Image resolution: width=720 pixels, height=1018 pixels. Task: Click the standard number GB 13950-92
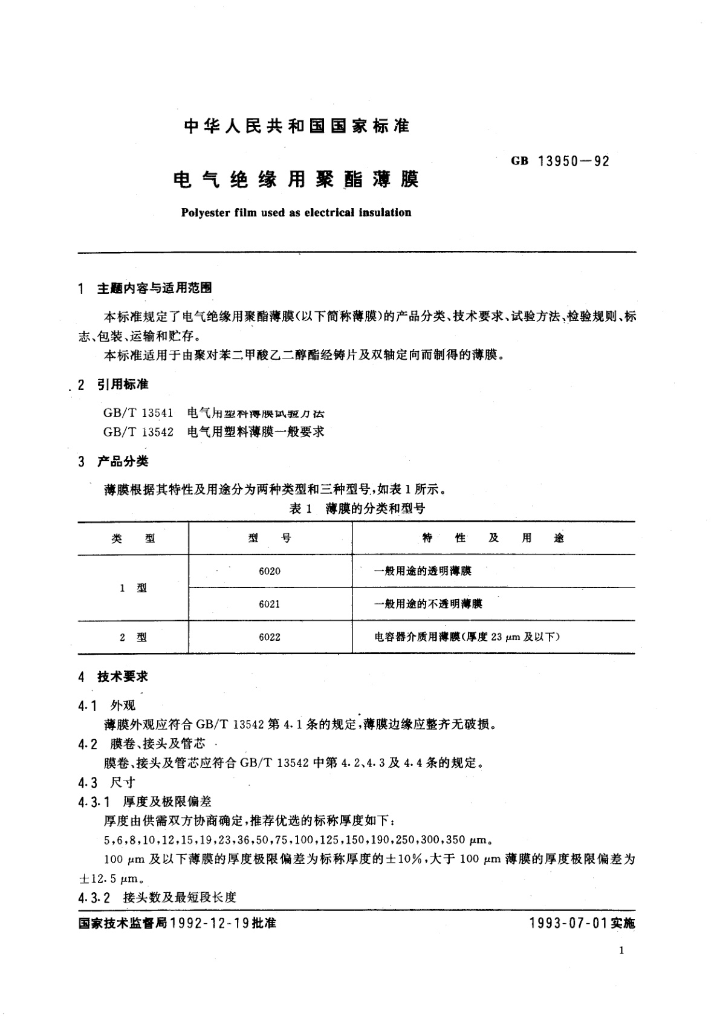[x=560, y=161]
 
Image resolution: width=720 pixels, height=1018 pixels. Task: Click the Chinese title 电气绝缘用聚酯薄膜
[x=296, y=180]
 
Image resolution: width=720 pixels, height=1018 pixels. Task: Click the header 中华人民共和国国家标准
[x=296, y=126]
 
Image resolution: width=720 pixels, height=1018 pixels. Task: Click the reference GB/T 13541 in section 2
[x=138, y=413]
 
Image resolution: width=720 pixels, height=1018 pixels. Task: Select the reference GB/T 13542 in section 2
[x=138, y=432]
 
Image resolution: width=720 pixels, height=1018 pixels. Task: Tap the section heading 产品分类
[x=123, y=462]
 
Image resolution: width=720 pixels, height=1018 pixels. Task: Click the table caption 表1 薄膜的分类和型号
[x=357, y=508]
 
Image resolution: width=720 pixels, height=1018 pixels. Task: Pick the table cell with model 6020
[x=270, y=571]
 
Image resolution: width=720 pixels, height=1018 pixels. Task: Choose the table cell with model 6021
[x=270, y=604]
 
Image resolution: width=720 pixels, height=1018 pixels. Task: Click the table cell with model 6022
[x=270, y=637]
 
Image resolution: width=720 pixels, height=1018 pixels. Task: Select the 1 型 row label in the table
[x=133, y=588]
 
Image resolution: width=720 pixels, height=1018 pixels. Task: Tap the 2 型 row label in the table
[x=133, y=637]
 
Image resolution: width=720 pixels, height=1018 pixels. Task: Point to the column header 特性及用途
[x=493, y=538]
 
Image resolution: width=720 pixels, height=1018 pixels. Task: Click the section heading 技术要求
[x=123, y=677]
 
